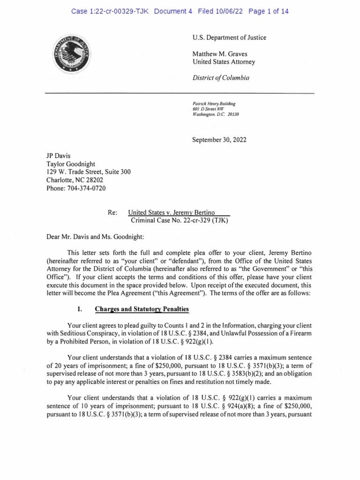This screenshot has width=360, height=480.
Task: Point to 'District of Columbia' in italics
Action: [221, 78]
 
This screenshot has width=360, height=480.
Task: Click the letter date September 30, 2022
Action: [219, 140]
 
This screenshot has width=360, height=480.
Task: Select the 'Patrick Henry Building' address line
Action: [214, 104]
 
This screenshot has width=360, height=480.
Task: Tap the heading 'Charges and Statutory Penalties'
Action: [142, 309]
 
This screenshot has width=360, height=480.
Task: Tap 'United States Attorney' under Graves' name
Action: [224, 62]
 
